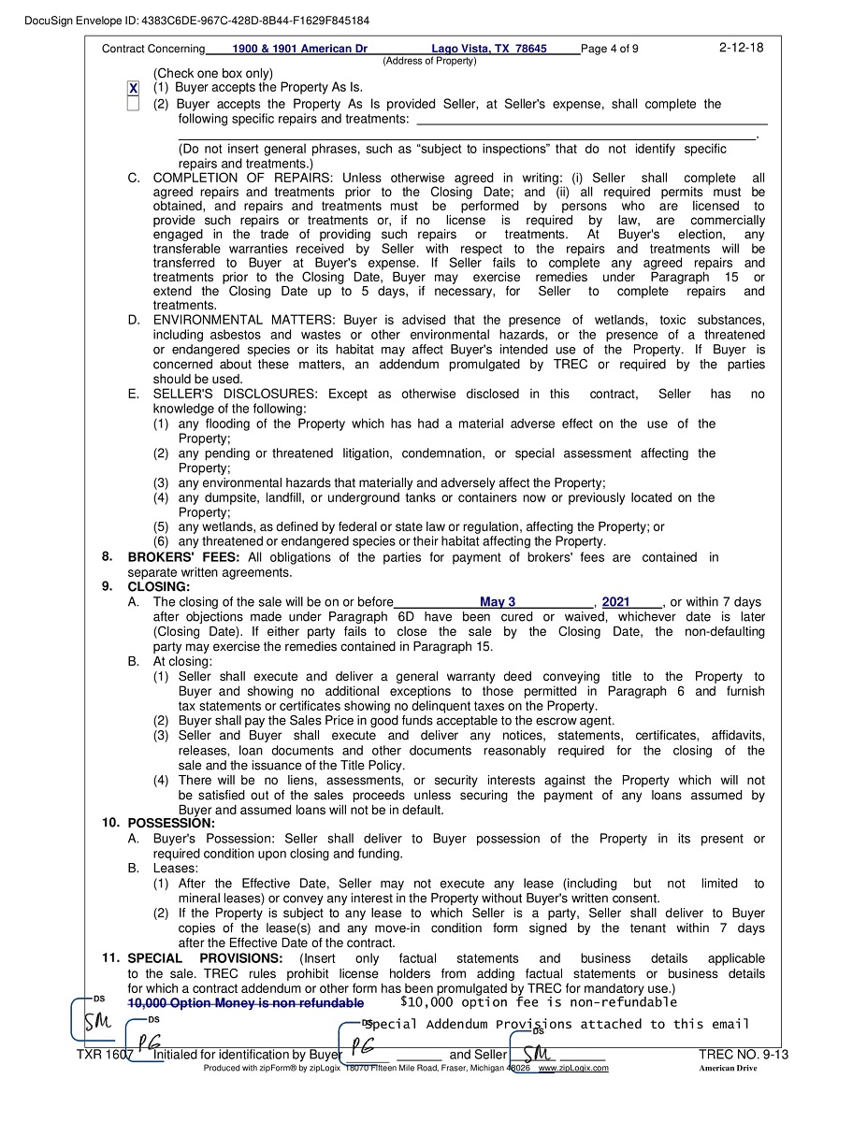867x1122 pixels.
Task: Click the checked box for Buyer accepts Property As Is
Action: point(133,88)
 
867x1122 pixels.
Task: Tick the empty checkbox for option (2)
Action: point(133,104)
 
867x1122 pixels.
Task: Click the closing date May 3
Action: point(497,602)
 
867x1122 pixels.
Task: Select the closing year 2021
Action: point(615,602)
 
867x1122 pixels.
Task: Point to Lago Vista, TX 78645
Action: point(488,49)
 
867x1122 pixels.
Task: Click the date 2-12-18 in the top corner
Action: point(741,48)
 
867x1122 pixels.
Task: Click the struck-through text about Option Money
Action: point(245,1003)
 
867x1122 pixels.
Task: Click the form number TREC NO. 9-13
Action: point(743,1056)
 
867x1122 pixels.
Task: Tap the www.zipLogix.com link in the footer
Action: point(573,1068)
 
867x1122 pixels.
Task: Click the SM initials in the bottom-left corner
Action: point(94,1022)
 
